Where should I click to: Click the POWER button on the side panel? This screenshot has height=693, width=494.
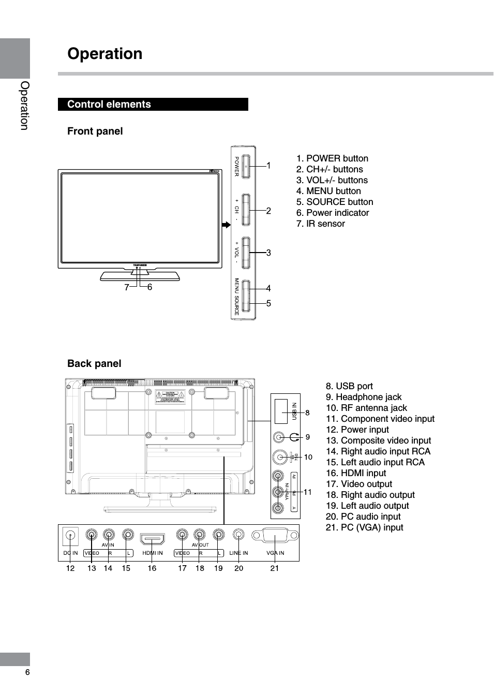point(246,167)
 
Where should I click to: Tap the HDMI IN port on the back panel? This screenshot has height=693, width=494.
point(153,539)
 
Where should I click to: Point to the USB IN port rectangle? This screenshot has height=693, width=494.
point(281,411)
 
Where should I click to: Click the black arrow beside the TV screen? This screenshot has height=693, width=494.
point(226,225)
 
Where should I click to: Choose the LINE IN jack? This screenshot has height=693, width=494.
point(238,535)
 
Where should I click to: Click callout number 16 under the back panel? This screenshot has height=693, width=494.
point(152,568)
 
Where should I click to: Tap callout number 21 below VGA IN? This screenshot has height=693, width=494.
point(275,568)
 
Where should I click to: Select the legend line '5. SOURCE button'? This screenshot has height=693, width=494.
point(335,202)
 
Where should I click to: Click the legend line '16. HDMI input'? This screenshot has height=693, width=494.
point(356,473)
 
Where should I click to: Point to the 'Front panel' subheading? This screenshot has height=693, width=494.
point(95,131)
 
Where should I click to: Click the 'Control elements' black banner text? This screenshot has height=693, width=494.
point(109,105)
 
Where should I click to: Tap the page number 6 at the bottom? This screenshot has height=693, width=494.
point(27,672)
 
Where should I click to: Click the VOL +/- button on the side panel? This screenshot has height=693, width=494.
point(246,253)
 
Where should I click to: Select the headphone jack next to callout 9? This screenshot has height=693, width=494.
point(279,437)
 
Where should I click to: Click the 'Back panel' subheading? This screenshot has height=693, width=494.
point(94,364)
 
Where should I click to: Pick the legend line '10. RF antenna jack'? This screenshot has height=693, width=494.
point(366,408)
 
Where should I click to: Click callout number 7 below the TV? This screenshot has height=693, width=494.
point(126,287)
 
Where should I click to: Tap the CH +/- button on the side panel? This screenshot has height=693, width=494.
point(246,210)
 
